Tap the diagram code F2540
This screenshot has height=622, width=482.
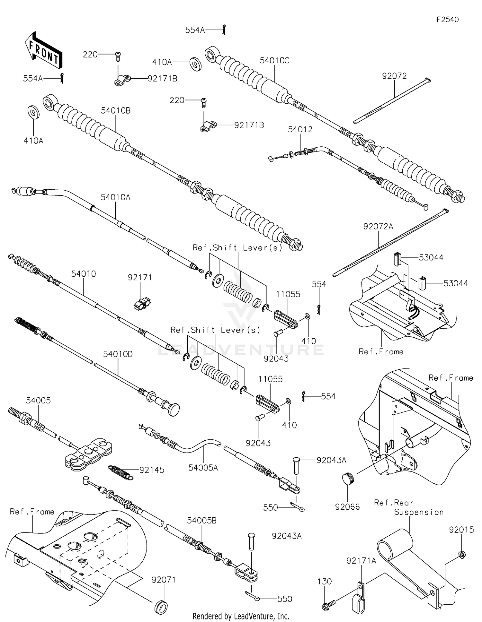point(447,20)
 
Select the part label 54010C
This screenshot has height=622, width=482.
point(274,61)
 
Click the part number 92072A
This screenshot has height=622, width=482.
point(378,227)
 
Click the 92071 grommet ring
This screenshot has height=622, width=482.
point(161,607)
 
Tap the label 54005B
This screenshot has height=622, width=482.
point(201,521)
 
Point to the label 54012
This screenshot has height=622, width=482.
point(300,129)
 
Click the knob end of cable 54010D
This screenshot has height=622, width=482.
point(174,410)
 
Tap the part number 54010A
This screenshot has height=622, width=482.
point(115,197)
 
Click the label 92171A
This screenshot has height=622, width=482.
point(361,561)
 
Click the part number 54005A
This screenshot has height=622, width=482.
point(203,468)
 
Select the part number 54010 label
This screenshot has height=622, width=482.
point(84,274)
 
